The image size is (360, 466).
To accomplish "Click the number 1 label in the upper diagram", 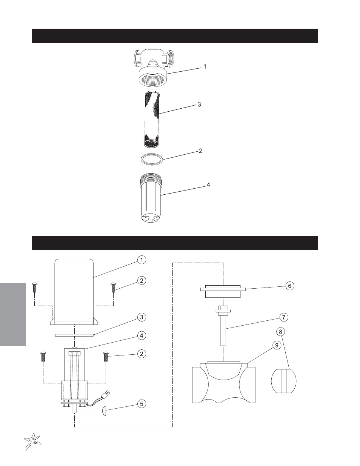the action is point(205,67).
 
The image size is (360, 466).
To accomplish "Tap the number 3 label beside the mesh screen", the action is point(199,105).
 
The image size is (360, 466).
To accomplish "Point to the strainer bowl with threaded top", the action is point(149,198).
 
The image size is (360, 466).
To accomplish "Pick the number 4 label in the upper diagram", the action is point(208,185).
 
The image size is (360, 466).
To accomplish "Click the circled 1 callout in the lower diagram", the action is point(142,260).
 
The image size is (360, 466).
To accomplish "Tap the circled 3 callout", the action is point(142,317).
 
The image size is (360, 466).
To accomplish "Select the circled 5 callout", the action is point(142,404).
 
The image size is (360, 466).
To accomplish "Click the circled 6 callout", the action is point(290,286).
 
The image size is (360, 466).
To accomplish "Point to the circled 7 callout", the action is point(284,317).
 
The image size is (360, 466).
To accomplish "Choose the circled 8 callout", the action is point(280,332).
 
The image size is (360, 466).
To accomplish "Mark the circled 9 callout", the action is point(277,345).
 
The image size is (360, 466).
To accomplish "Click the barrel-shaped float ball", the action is point(284,381).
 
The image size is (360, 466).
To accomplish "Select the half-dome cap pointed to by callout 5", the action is point(104,411).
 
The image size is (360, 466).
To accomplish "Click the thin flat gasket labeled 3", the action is point(74,335).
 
